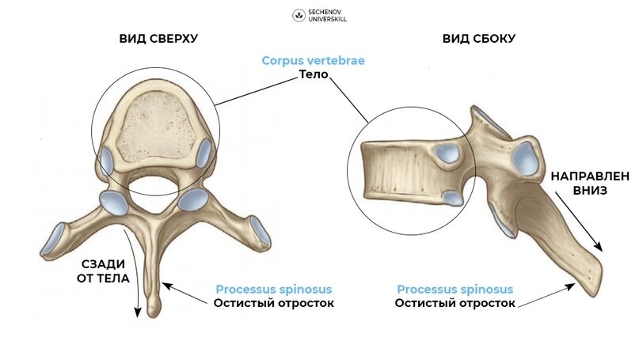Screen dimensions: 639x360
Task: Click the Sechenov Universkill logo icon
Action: tap(299, 15)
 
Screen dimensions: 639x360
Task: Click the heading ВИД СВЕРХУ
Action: tap(158, 38)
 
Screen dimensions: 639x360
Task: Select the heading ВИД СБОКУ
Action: tap(478, 38)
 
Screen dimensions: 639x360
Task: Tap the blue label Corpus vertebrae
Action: tap(314, 60)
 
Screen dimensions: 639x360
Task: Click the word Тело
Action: tap(314, 75)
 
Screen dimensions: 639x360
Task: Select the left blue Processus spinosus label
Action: tap(273, 290)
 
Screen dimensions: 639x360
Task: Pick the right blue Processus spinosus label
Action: tap(455, 290)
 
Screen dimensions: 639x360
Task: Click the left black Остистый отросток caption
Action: tap(273, 303)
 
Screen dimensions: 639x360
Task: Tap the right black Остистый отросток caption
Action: tap(455, 303)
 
